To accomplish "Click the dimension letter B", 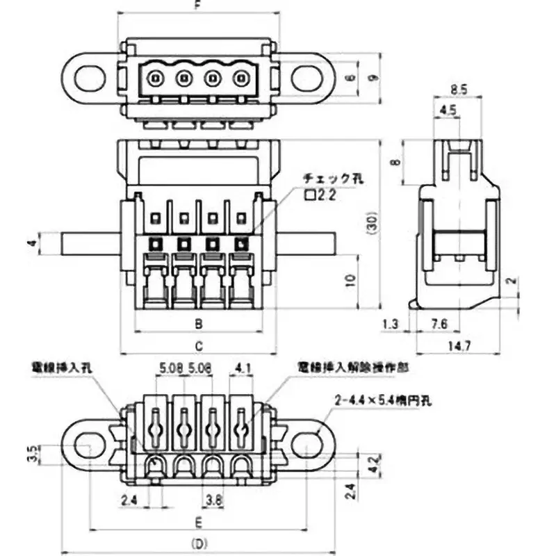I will pos(197,323).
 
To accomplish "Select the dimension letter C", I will pos(197,345).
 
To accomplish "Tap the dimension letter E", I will pos(198,521).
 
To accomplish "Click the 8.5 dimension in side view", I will pos(458,89).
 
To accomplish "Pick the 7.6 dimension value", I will pos(440,323).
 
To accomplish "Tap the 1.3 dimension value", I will pos(391,323).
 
